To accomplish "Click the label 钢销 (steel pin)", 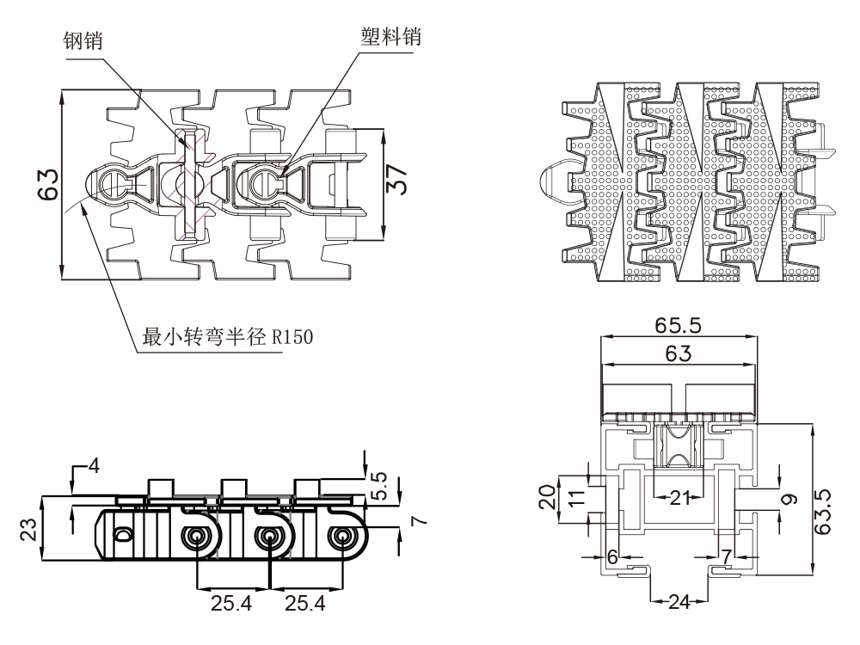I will [83, 40].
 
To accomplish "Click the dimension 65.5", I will [679, 328].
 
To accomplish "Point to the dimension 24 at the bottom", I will [679, 601].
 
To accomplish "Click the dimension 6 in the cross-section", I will [612, 556].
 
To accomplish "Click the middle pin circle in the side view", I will [269, 537].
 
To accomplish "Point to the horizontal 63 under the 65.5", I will [679, 353].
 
